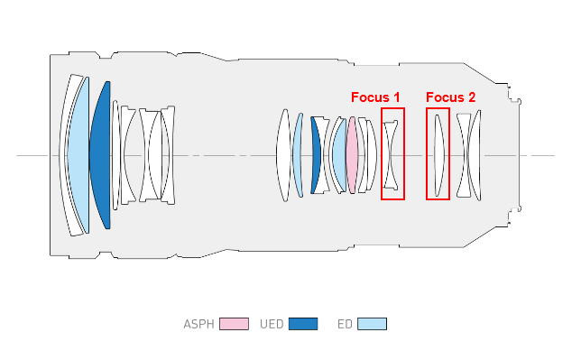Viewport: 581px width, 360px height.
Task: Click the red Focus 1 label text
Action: coord(375,97)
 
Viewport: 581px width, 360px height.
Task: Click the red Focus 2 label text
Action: coord(450,97)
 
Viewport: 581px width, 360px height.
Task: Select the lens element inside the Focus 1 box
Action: coord(391,154)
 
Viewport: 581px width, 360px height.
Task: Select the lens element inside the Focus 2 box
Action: coord(438,154)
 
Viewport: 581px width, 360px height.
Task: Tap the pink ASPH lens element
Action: coord(352,154)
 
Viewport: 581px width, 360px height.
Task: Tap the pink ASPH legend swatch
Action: coord(234,324)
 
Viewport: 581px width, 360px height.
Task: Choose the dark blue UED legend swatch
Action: coord(303,324)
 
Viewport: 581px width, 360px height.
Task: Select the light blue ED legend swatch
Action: coord(372,324)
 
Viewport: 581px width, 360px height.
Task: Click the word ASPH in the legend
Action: coord(198,324)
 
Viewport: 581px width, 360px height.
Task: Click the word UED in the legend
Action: coord(271,324)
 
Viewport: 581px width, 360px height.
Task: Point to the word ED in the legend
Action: coord(344,324)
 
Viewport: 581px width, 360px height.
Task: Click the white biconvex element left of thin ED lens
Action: coord(283,154)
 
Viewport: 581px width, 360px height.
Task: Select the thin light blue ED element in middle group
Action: coord(298,154)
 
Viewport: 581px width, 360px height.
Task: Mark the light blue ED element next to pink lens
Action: coord(340,155)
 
